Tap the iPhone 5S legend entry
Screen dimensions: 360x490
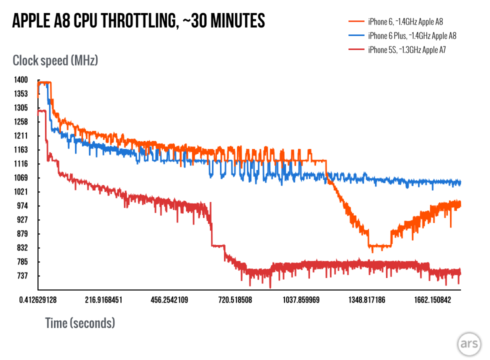tap(406, 49)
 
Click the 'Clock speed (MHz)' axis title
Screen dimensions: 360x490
tap(55, 61)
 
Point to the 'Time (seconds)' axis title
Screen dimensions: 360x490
tap(80, 323)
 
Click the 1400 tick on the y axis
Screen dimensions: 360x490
tap(21, 80)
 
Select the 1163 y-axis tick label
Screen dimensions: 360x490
tap(21, 150)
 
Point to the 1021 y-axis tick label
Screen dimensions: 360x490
tap(21, 192)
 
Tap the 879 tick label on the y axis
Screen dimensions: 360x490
tap(21, 234)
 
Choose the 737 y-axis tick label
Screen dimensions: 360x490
tap(21, 276)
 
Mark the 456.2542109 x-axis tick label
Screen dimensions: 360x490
tap(169, 300)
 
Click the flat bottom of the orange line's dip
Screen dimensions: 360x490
tap(379, 246)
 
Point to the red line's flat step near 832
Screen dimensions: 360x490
tap(218, 245)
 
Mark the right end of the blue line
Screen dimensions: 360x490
tap(459, 183)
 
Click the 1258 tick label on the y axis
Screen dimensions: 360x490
tap(21, 122)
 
